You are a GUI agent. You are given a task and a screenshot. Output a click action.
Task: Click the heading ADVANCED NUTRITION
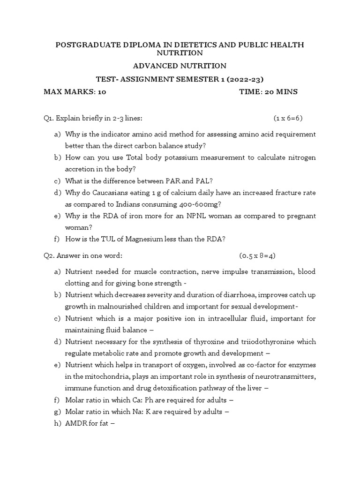point(180,66)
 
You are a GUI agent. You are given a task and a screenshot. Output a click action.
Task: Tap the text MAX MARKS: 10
point(75,92)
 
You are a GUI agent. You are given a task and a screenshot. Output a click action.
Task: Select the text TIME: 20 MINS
point(268,92)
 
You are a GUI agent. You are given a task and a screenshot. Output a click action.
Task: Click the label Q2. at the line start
point(49,255)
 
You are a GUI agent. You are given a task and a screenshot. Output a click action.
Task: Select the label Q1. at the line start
point(49,118)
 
